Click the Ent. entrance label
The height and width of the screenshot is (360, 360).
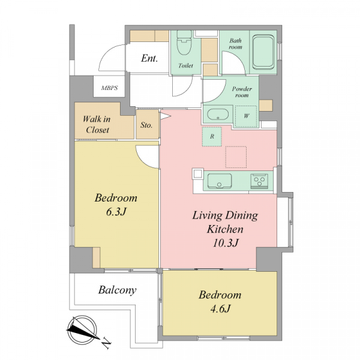click(149, 58)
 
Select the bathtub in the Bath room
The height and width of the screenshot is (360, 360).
click(263, 52)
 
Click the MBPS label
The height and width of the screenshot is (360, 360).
click(110, 88)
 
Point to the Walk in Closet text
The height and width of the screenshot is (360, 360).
click(97, 124)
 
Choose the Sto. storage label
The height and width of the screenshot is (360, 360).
click(146, 125)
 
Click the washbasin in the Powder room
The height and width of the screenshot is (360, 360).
click(218, 115)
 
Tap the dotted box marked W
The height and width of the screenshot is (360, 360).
click(246, 116)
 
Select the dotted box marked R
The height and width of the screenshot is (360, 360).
click(212, 136)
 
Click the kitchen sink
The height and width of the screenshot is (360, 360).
click(219, 181)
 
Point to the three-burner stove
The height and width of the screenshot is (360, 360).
click(259, 181)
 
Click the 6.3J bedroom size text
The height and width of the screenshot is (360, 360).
click(116, 212)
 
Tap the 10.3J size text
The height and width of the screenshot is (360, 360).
click(225, 242)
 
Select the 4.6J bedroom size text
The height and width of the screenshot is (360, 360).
click(220, 308)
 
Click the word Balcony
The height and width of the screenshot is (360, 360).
click(118, 290)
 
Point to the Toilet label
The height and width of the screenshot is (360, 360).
click(185, 65)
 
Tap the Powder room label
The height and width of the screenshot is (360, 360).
click(242, 92)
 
